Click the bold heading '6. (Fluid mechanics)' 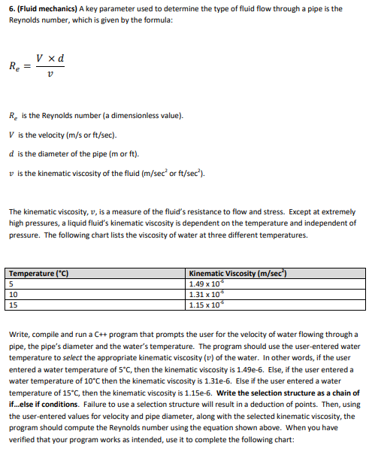44,8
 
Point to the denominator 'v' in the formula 49,75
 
